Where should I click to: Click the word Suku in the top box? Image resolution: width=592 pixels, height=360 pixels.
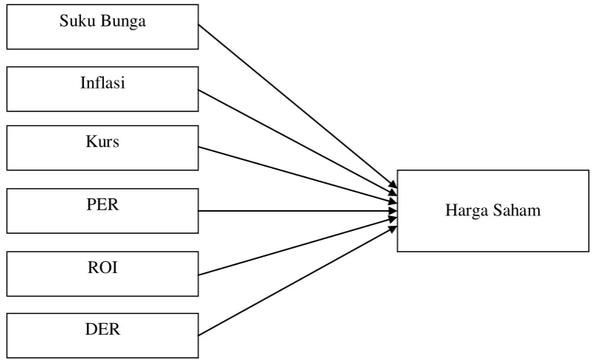(77, 21)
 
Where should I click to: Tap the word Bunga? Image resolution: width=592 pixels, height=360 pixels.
(123, 21)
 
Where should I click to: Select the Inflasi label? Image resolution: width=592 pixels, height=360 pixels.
(102, 83)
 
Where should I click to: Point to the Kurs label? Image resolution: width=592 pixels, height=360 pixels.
(102, 142)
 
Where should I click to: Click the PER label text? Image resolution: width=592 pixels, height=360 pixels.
(102, 204)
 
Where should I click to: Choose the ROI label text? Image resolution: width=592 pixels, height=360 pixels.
(102, 268)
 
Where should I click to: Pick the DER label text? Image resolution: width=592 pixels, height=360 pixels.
(102, 329)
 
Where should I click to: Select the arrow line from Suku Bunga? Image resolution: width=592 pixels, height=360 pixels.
(298, 106)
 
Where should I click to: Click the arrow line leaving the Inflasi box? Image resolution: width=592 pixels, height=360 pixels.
(298, 142)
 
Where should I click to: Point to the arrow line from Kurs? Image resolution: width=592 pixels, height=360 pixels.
(298, 175)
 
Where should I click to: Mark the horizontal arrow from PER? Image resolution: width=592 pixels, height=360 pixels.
(298, 211)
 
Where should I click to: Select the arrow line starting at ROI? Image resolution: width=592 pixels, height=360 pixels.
(298, 246)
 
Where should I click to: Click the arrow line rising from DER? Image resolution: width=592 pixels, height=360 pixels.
(298, 280)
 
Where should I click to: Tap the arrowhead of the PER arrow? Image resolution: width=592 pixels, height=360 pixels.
(394, 211)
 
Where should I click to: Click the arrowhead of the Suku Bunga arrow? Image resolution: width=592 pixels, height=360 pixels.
(394, 184)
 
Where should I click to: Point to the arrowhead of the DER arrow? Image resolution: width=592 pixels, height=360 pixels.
(394, 229)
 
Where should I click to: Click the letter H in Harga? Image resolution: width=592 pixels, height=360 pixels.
(450, 210)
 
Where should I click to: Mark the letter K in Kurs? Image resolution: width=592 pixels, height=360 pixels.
(91, 142)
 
